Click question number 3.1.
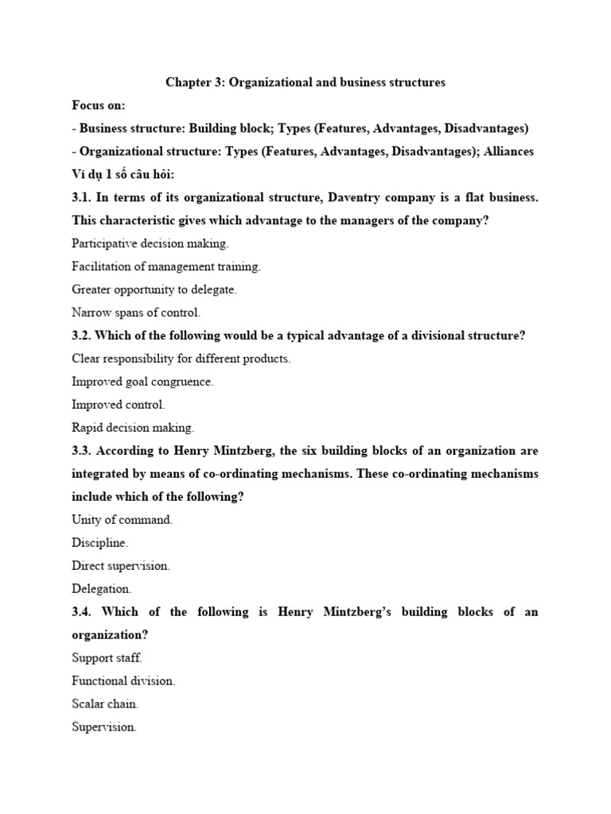[81, 197]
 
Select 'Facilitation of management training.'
[165, 266]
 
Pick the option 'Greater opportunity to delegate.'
[154, 289]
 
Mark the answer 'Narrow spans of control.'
[136, 312]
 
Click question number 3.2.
[81, 335]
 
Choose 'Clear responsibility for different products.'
[181, 359]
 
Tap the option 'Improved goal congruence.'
[142, 382]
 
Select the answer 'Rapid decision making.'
[132, 428]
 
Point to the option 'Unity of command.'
[122, 520]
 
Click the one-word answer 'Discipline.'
[99, 543]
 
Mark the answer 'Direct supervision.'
[121, 566]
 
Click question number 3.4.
[81, 612]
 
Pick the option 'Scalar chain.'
[105, 704]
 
